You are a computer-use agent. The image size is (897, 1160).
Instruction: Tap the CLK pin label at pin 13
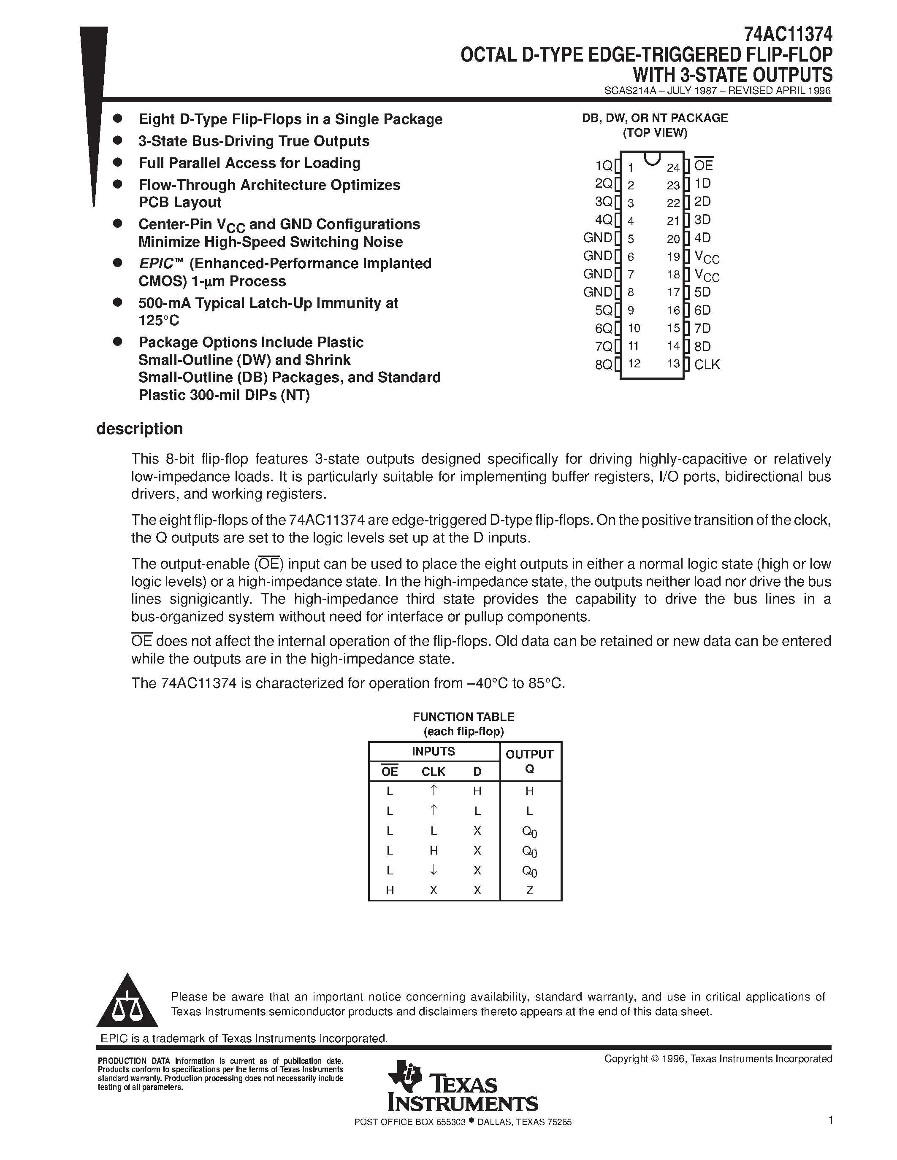pyautogui.click(x=707, y=364)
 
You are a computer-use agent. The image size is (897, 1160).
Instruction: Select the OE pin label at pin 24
pyautogui.click(x=703, y=166)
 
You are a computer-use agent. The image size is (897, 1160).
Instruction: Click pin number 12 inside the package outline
pyautogui.click(x=634, y=364)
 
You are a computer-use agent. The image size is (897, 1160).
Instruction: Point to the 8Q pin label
pyautogui.click(x=604, y=365)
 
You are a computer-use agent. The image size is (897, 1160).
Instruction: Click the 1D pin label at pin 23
pyautogui.click(x=702, y=184)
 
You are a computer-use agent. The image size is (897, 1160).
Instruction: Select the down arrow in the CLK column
pyautogui.click(x=434, y=870)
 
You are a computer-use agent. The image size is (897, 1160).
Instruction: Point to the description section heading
pyautogui.click(x=139, y=429)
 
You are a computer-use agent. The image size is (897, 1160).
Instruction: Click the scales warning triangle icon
pyautogui.click(x=127, y=1002)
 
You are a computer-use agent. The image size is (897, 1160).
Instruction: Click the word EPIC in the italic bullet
pyautogui.click(x=156, y=264)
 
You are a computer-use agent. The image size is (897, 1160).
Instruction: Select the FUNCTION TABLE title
pyautogui.click(x=463, y=717)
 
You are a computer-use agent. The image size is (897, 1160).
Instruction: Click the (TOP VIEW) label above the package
pyautogui.click(x=655, y=133)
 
